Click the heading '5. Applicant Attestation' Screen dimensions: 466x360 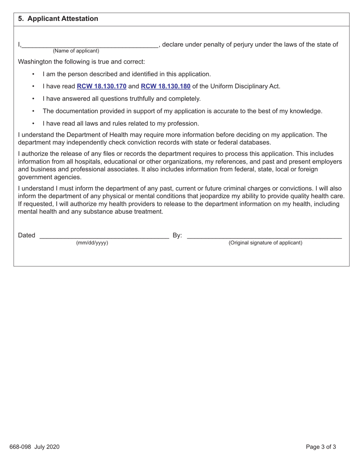tap(58, 19)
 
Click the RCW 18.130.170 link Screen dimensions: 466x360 tap(102, 86)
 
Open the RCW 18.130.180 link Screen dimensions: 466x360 tap(166, 86)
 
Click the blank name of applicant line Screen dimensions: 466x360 tap(90, 45)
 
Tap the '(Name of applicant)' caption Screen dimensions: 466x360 tap(76, 51)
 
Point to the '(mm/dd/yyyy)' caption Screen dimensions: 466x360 tap(92, 243)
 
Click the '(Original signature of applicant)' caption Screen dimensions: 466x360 tap(265, 243)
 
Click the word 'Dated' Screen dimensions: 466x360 tap(27, 235)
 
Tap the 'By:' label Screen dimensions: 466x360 tap(177, 235)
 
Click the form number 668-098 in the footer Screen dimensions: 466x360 tap(22, 447)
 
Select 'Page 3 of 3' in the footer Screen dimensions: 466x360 tap(321, 447)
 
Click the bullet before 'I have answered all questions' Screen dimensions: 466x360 tap(34, 99)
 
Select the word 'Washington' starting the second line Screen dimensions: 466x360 tap(35, 61)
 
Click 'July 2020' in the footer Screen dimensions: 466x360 tap(48, 447)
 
